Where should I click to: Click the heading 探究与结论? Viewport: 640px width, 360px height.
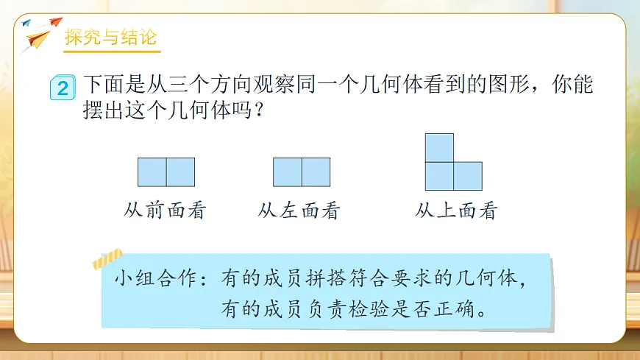pos(111,38)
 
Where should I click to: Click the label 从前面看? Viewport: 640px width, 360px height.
pos(166,211)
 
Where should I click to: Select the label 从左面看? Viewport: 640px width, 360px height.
pos(299,211)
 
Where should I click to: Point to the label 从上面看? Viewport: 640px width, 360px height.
pos(457,211)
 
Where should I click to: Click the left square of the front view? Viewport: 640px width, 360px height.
pos(152,172)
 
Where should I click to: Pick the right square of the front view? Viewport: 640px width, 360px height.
pos(180,172)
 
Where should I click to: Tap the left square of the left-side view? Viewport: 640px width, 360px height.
pos(288,172)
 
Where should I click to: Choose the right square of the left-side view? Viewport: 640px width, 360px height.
pos(316,172)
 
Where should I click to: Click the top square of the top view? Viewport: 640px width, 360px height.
pos(440,147)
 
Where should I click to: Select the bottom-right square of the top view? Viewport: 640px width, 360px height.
pos(468,176)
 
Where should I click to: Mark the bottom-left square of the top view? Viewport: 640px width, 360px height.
pos(440,176)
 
